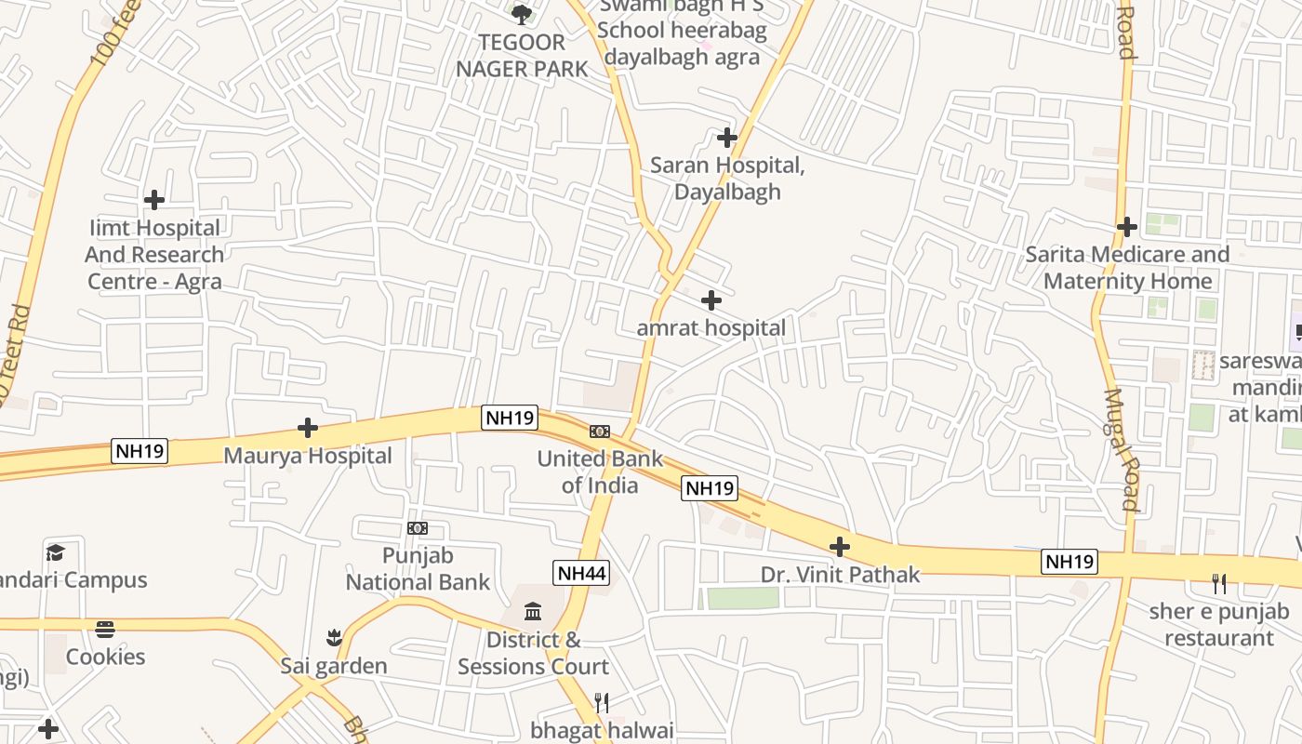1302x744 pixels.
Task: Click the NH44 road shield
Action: tap(582, 573)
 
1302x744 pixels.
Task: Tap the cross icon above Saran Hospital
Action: tap(727, 139)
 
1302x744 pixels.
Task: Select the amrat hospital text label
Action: tap(711, 328)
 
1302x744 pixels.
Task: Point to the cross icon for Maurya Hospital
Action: tap(308, 428)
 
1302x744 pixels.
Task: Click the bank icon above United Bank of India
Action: tap(600, 432)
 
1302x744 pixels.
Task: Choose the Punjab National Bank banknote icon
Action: tap(418, 528)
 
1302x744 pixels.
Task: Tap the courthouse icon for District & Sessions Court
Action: tap(534, 612)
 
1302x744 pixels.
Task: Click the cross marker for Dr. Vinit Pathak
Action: tap(840, 547)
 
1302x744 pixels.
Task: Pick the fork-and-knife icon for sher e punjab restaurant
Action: tap(1219, 584)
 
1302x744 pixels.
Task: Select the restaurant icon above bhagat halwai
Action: tap(602, 702)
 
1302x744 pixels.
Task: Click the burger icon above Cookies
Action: tap(105, 630)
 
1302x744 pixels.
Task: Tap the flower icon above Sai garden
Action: tap(334, 638)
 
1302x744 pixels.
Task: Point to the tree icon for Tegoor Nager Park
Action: tap(522, 14)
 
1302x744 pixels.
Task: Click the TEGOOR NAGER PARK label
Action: tap(522, 56)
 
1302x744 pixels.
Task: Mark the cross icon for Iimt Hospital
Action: tap(154, 200)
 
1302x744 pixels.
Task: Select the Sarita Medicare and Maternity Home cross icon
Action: tap(1127, 227)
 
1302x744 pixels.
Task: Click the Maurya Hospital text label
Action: tap(308, 457)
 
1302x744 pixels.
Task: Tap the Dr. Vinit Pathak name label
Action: tap(841, 575)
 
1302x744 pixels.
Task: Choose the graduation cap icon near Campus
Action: tap(56, 553)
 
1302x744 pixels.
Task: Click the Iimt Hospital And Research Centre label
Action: tap(154, 255)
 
